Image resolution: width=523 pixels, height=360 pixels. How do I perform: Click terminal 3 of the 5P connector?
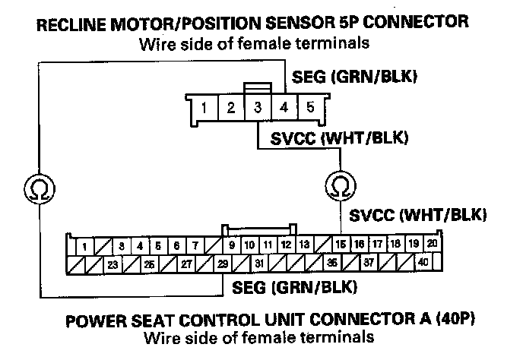258,107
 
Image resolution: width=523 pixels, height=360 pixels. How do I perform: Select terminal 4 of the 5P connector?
284,107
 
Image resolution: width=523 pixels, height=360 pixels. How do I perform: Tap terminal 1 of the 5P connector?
205,107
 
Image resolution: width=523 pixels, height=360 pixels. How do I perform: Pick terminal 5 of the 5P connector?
309,107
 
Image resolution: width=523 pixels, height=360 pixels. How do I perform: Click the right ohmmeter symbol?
336,185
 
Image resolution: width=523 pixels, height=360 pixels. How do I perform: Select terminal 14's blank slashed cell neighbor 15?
340,245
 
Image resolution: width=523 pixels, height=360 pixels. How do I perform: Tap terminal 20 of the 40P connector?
431,245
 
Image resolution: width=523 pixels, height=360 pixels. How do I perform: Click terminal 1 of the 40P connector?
84,245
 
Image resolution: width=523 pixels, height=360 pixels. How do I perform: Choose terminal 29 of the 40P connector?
223,265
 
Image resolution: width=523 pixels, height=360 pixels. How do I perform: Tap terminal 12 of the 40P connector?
285,245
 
